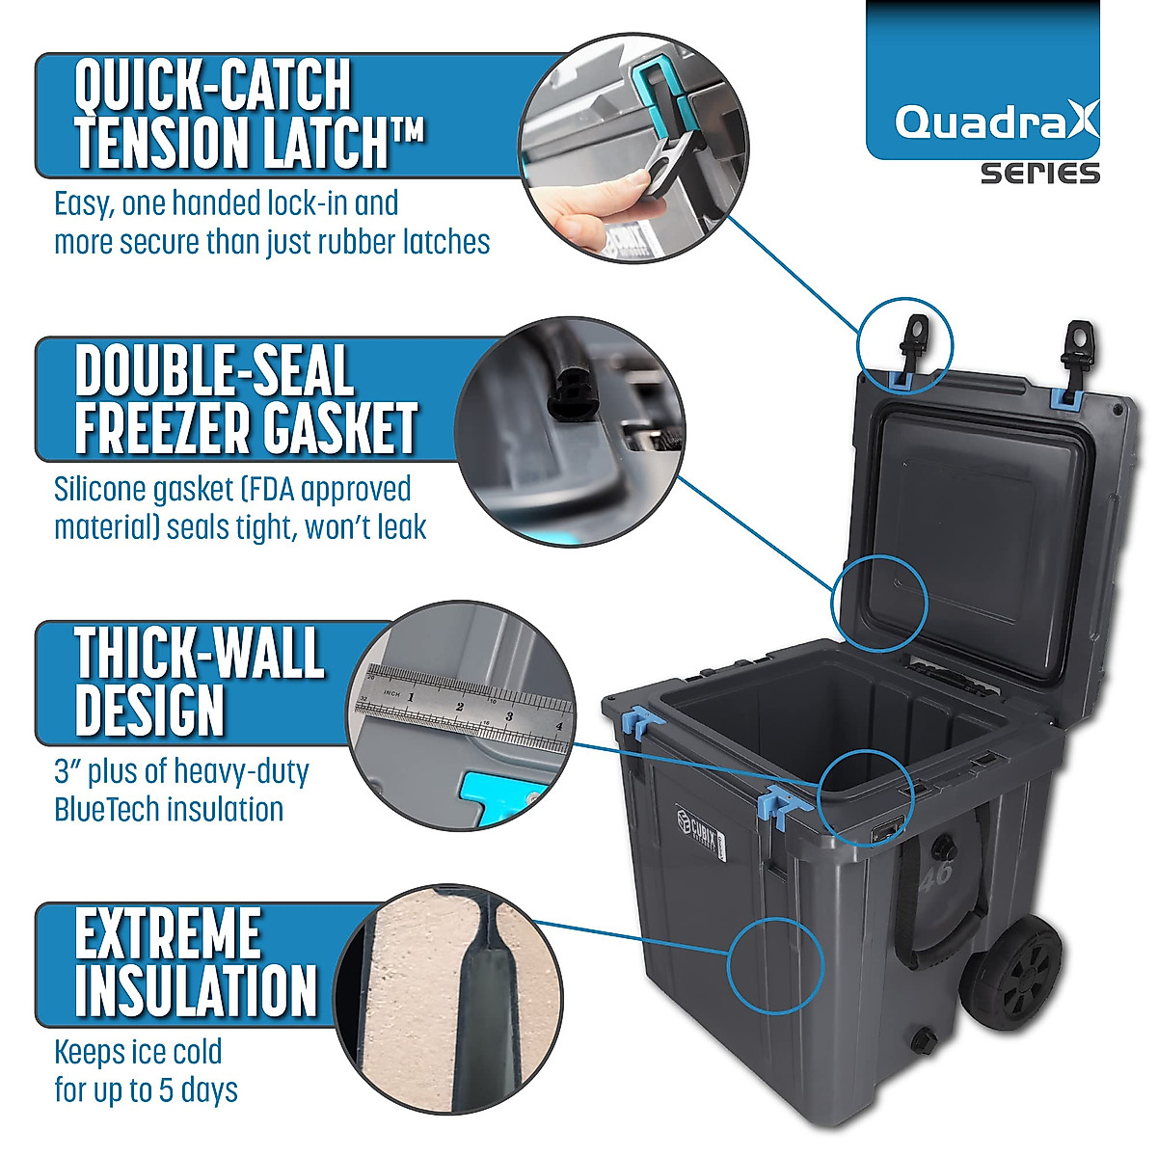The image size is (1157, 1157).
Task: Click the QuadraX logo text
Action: coord(996,122)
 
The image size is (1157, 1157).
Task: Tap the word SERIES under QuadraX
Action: coord(1040,174)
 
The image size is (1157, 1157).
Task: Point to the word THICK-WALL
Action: coord(200,654)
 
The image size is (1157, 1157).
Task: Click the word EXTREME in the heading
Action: coord(168,933)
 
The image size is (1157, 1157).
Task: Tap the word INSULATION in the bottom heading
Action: coord(196,990)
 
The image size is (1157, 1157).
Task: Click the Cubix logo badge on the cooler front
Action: coord(697,826)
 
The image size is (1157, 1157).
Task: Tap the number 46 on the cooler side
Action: coord(935,874)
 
